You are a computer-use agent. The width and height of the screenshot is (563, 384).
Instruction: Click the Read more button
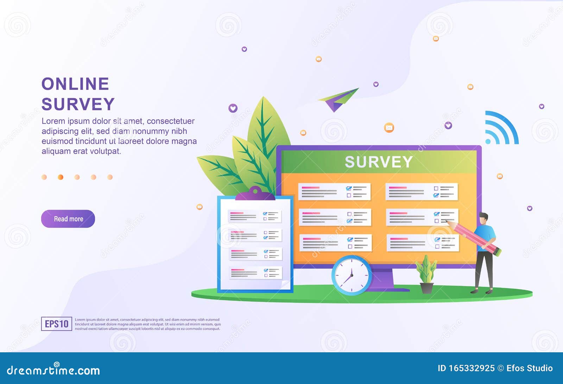coord(68,219)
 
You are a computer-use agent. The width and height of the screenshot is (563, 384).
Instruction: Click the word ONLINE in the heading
coord(75,84)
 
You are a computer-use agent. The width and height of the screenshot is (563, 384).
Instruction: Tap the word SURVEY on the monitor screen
coord(379,162)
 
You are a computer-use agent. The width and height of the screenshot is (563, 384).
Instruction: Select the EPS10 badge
coord(57,324)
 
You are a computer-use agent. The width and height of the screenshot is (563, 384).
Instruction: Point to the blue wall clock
coord(352,275)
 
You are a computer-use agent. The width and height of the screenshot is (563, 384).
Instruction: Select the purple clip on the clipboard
coord(255,194)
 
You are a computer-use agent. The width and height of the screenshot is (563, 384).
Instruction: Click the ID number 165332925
coord(472,368)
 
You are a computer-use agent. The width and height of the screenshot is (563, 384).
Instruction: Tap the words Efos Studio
coord(529,368)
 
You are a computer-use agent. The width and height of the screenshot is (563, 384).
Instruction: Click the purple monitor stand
coord(387,280)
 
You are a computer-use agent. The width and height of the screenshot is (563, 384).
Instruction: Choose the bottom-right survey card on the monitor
coord(423,243)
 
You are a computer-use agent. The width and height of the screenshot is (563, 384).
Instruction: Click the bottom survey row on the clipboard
coord(255,273)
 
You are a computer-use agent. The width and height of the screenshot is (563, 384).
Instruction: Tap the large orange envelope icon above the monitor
coord(389,128)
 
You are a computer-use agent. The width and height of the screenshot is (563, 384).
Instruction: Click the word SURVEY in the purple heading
coord(78,104)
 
